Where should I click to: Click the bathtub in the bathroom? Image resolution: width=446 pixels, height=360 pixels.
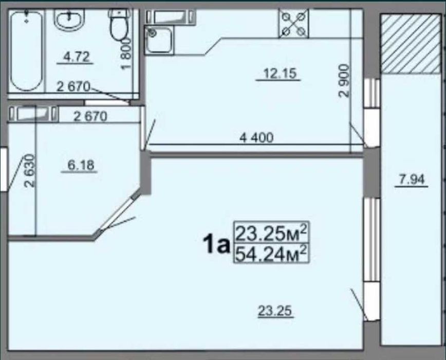26,50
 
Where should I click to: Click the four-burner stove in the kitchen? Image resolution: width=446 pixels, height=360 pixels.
293,23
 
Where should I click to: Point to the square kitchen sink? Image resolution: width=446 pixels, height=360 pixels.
159,40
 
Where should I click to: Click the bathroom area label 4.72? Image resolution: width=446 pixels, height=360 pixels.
76,57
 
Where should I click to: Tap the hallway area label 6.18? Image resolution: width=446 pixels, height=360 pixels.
81,165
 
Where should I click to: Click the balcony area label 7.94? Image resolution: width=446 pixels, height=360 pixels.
412,179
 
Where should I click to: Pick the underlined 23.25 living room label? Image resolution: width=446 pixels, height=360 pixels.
275,311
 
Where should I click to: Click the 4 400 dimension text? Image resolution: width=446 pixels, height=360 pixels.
256,138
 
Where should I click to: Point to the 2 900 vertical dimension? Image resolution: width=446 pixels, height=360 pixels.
344,81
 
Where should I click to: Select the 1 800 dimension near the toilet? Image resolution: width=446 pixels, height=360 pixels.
126,53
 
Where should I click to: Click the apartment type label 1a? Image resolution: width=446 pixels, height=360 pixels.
216,244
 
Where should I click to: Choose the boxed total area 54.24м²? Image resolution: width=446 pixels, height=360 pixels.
272,254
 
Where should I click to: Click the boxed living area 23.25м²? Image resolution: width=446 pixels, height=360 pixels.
272,232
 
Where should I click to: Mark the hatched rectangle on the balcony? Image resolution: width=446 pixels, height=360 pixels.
411,44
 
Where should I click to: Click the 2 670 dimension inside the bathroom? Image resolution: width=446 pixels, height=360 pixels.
73,86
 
